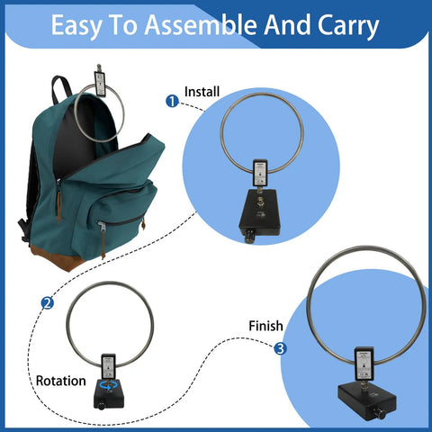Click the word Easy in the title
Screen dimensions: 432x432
(76, 26)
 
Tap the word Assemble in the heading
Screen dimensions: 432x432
(201, 25)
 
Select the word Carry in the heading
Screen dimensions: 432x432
(348, 26)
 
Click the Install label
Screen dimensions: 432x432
(202, 92)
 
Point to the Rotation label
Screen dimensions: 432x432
(61, 381)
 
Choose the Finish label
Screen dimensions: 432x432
(265, 326)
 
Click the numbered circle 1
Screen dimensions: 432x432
(172, 102)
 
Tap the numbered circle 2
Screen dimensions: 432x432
(48, 303)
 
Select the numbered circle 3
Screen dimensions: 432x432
(280, 348)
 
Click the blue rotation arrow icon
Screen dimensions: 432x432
(108, 385)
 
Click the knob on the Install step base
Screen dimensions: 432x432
(249, 238)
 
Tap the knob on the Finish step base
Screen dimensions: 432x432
(381, 414)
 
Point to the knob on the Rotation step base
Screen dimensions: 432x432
(102, 407)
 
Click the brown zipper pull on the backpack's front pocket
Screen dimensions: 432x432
(103, 245)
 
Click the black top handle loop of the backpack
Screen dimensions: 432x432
(61, 88)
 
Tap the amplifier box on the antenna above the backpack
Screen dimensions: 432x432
(100, 84)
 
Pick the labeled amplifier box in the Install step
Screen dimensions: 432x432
(259, 173)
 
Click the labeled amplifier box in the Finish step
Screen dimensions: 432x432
(364, 364)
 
